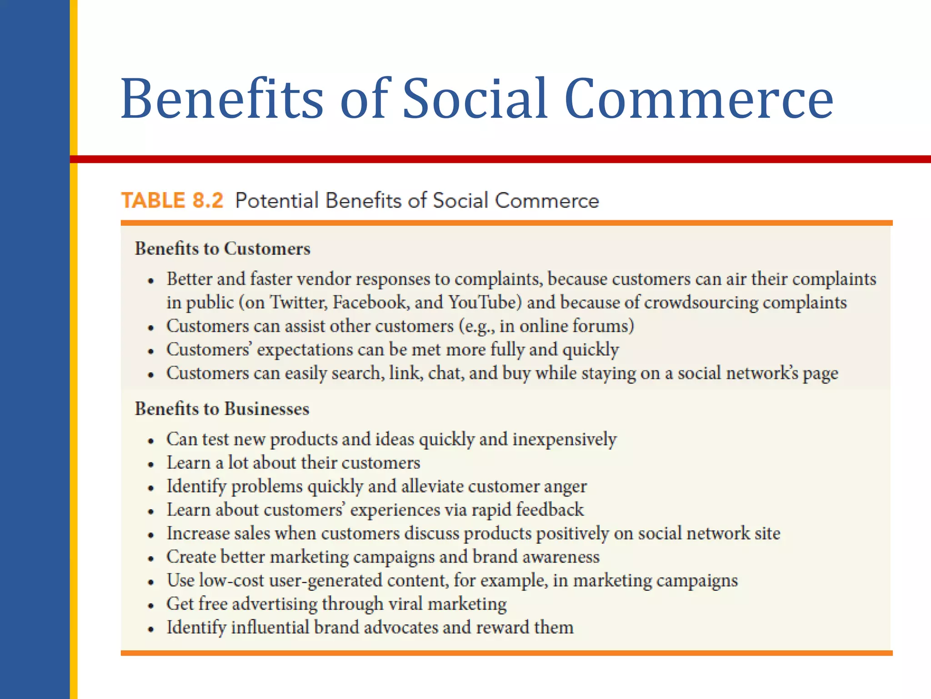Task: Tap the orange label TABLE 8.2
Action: [172, 201]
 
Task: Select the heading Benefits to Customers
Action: [222, 248]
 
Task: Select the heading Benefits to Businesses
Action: [222, 409]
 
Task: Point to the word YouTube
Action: [485, 303]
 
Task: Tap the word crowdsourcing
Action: [701, 303]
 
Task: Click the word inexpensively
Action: [564, 439]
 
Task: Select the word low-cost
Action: [231, 580]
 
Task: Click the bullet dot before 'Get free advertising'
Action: [151, 606]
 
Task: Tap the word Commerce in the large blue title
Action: [699, 99]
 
